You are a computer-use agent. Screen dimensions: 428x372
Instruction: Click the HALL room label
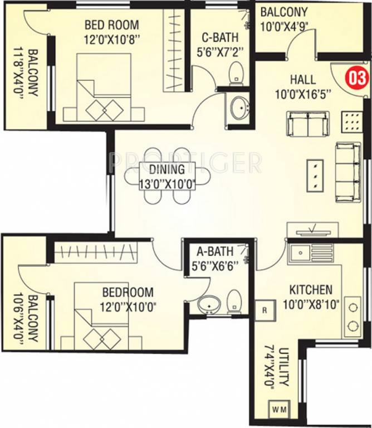[x=302, y=79]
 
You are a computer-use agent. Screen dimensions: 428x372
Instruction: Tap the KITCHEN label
[x=310, y=290]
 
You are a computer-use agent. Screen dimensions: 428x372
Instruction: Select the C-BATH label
[x=219, y=38]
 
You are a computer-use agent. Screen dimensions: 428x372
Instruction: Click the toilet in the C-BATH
[x=236, y=71]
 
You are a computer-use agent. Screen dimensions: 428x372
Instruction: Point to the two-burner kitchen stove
[x=353, y=315]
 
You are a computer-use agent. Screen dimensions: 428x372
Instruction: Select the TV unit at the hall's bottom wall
[x=312, y=230]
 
